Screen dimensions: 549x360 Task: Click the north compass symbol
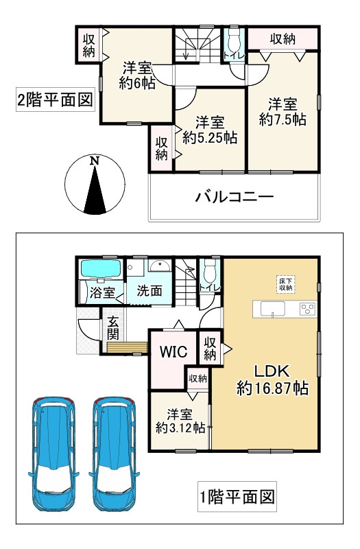point(95,184)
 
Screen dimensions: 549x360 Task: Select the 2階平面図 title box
point(54,101)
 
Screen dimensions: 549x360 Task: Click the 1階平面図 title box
point(239,495)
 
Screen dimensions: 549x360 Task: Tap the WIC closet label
point(174,353)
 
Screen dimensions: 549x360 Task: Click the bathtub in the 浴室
point(101,269)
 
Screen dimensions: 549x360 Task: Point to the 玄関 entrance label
point(112,327)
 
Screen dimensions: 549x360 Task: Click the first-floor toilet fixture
point(209,269)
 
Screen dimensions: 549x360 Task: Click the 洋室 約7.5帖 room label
point(283,112)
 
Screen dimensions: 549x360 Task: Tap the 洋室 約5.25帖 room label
point(210,130)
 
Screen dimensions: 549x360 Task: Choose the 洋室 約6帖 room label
point(137,75)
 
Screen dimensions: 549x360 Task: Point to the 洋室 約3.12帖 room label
point(180,420)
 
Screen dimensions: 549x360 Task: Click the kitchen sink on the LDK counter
point(273,309)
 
